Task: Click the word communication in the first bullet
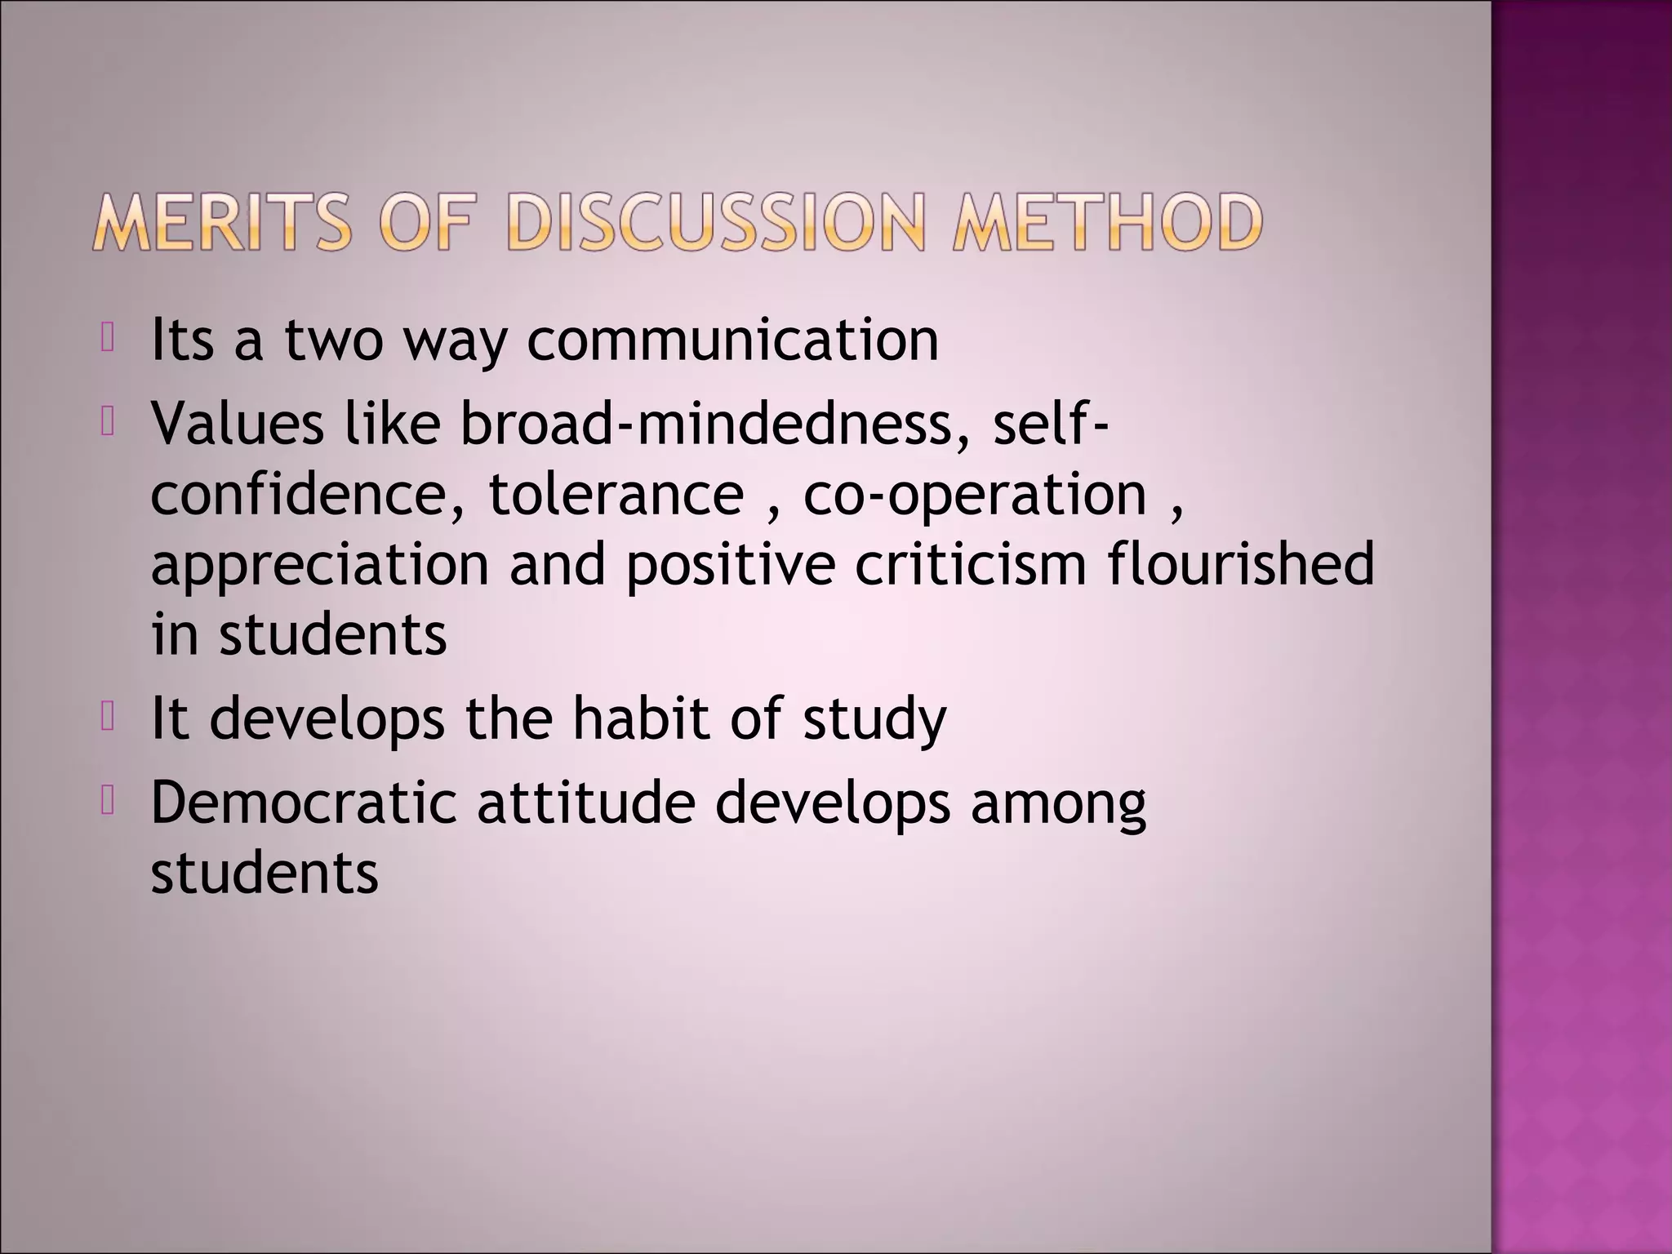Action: coord(732,340)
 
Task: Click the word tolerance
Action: coord(616,494)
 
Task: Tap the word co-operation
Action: coord(976,494)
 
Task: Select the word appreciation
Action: coord(320,565)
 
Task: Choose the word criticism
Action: coord(971,565)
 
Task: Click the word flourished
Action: coord(1241,565)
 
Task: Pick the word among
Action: coord(1058,804)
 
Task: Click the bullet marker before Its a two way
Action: coord(107,338)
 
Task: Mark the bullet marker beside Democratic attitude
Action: coord(107,801)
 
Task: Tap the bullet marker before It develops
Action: coord(107,717)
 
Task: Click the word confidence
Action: coord(307,494)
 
